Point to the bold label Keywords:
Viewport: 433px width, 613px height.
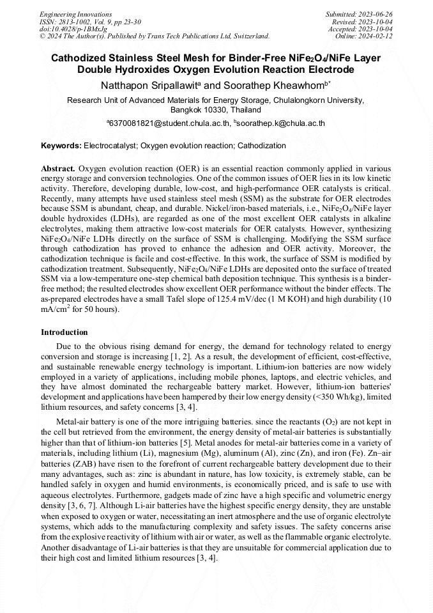(x=61, y=146)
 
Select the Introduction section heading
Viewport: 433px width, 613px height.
(x=64, y=332)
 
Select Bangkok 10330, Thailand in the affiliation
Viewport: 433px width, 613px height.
(x=216, y=110)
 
